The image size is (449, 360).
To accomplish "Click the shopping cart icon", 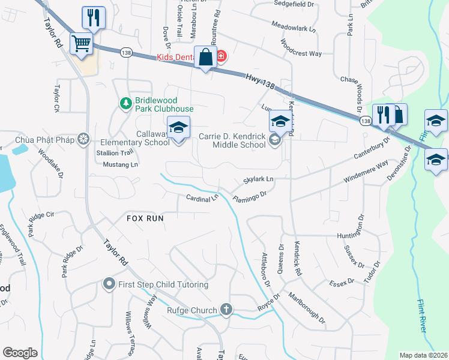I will tap(81, 43).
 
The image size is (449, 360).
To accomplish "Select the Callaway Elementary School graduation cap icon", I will tap(178, 128).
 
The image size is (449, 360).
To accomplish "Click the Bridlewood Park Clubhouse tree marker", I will tap(125, 104).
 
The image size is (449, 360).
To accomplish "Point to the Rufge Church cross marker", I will tap(226, 310).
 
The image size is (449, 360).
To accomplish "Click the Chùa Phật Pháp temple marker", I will tap(83, 139).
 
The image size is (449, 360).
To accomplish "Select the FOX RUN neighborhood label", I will tap(145, 218).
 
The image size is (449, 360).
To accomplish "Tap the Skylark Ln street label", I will tap(258, 179).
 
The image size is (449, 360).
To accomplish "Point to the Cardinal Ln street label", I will tap(202, 197).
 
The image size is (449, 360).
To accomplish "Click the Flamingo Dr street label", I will tap(249, 196).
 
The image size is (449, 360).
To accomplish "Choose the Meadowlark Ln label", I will tap(294, 28).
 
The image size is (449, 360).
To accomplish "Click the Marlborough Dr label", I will tap(306, 307).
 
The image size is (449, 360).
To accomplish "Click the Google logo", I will tap(20, 353).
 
